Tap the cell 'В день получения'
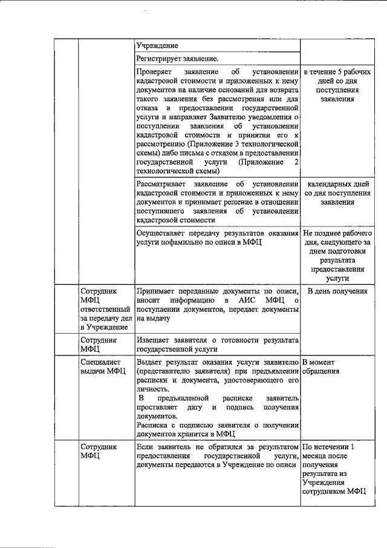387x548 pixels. pyautogui.click(x=337, y=291)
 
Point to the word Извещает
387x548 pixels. pyautogui.click(x=155, y=340)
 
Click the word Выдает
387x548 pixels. pyautogui.click(x=150, y=361)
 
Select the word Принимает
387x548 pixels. pyautogui.click(x=157, y=291)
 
